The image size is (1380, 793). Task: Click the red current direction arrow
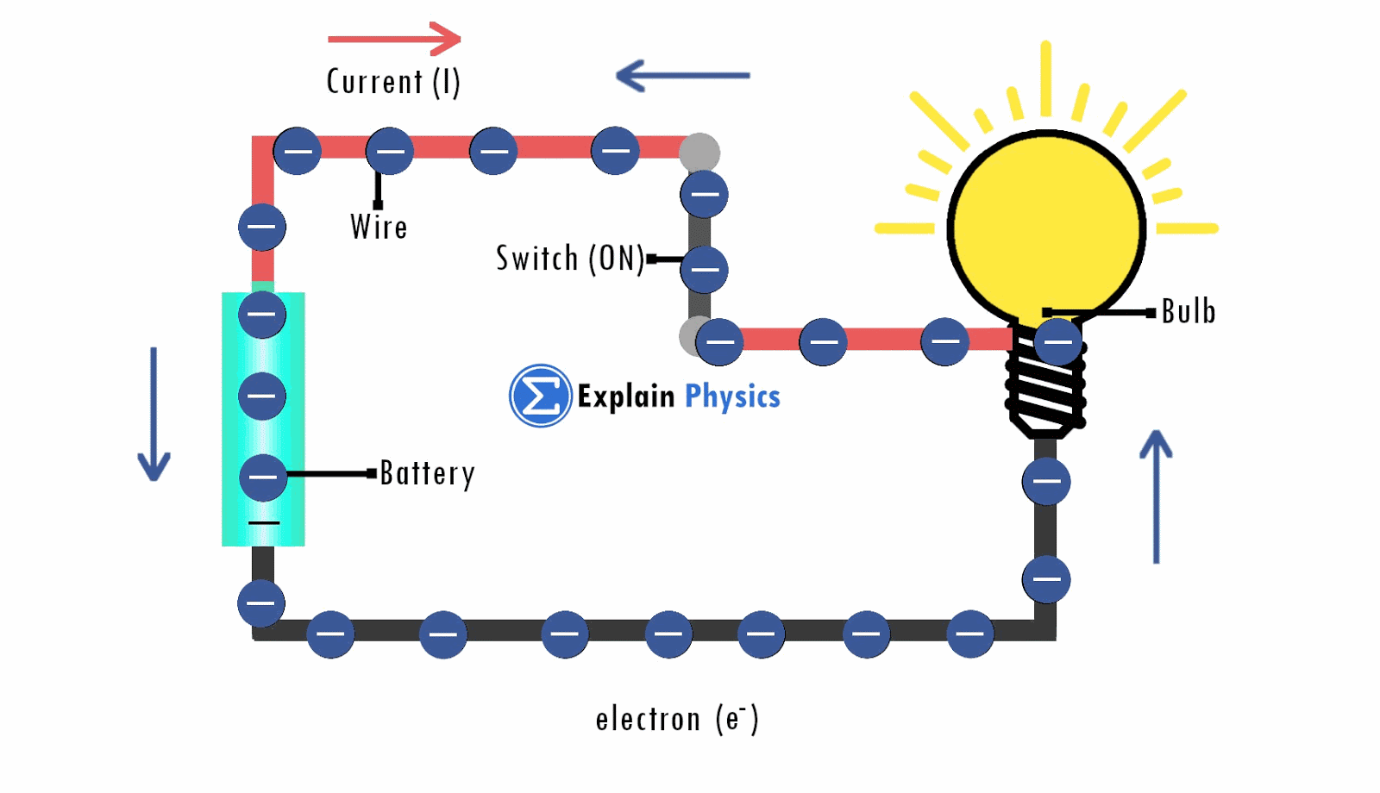(x=395, y=39)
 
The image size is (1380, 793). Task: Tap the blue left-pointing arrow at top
(x=682, y=76)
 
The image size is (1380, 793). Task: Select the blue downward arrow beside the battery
(x=154, y=414)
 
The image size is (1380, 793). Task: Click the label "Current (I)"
(x=393, y=83)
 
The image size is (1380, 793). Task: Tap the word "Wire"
(x=379, y=228)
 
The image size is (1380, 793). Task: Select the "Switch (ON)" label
(x=569, y=259)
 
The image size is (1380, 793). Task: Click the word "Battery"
(x=427, y=473)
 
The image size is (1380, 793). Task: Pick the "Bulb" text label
(x=1189, y=311)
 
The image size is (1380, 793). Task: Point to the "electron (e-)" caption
(x=677, y=719)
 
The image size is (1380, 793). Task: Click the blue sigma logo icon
(x=540, y=396)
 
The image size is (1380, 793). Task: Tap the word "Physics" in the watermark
(x=732, y=396)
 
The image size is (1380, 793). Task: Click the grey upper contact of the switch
(x=699, y=153)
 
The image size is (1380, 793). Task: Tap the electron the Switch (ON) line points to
(x=704, y=270)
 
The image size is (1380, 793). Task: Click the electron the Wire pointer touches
(x=390, y=152)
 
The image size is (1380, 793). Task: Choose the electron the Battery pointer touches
(x=263, y=478)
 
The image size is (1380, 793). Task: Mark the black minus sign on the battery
(x=264, y=523)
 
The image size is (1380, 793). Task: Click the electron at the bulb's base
(x=1057, y=341)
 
